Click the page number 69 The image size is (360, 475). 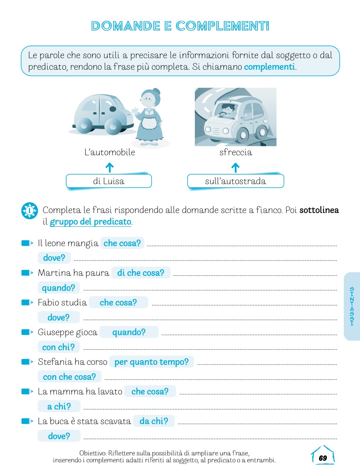click(x=323, y=458)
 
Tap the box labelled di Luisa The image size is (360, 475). click(x=109, y=181)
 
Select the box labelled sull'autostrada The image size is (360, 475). click(x=235, y=181)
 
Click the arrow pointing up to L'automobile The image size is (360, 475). click(x=109, y=167)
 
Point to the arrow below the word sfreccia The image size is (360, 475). click(x=235, y=167)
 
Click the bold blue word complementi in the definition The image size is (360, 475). click(x=269, y=67)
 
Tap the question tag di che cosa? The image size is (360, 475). click(x=141, y=273)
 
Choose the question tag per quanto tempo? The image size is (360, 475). click(x=151, y=362)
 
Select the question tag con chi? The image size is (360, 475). click(x=59, y=347)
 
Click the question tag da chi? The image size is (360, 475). click(x=154, y=421)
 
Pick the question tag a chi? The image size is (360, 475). click(x=59, y=406)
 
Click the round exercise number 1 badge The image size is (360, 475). click(x=30, y=211)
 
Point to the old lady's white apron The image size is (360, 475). click(x=148, y=123)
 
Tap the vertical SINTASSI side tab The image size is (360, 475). click(x=352, y=307)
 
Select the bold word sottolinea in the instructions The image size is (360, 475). click(x=319, y=210)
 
